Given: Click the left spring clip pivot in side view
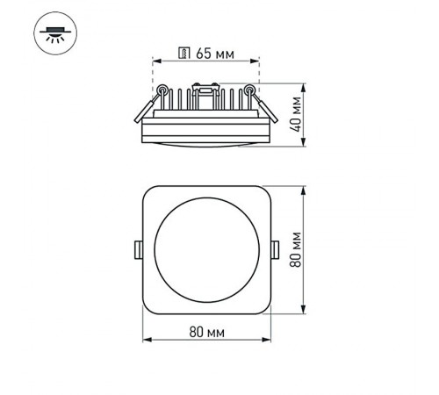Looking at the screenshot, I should point(163,88).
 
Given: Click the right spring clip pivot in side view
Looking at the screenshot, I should point(248,88).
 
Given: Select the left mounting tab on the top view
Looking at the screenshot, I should point(137,250).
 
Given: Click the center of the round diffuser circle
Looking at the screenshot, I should point(205,250).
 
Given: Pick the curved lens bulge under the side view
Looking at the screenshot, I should point(205,142).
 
